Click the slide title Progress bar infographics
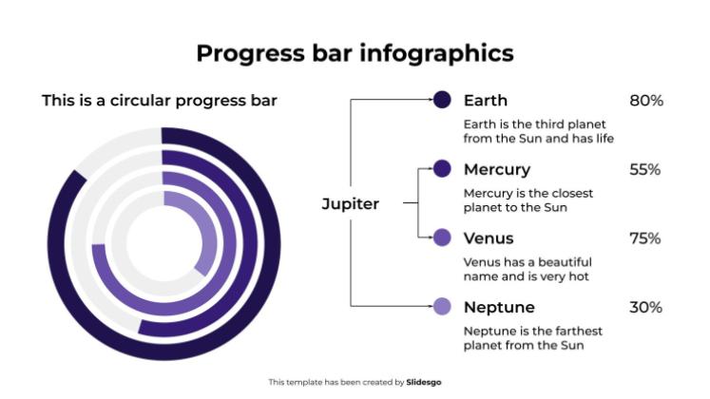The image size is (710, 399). pos(355,53)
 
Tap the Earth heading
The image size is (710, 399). pos(486,101)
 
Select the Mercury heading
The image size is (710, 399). pos(496,170)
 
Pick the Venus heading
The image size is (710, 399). pos(489,238)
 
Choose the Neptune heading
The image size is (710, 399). pos(499,308)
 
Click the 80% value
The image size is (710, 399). pos(645,101)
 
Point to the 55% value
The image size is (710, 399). pos(645,170)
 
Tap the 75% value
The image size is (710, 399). pos(645,238)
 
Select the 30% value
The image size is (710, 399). pos(645,308)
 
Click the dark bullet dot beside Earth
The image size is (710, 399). pos(442,100)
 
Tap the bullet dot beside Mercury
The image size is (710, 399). pos(442,169)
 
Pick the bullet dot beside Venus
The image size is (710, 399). pos(442,237)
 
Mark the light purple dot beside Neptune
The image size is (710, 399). pos(442,306)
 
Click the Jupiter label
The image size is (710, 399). pos(351,203)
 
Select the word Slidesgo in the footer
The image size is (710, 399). pos(423,382)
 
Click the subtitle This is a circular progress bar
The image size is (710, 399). pos(160,101)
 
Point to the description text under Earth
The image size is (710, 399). pos(538,131)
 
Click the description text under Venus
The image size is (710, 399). pos(528,269)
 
